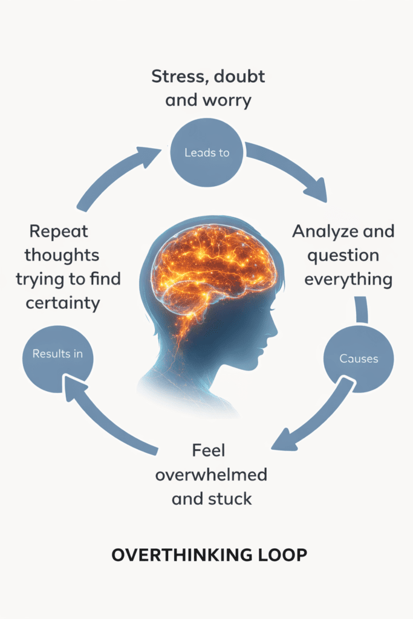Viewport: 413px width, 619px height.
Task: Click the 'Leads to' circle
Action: click(207, 152)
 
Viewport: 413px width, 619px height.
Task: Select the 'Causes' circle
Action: click(359, 358)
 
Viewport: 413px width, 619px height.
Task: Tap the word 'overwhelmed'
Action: click(211, 475)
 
